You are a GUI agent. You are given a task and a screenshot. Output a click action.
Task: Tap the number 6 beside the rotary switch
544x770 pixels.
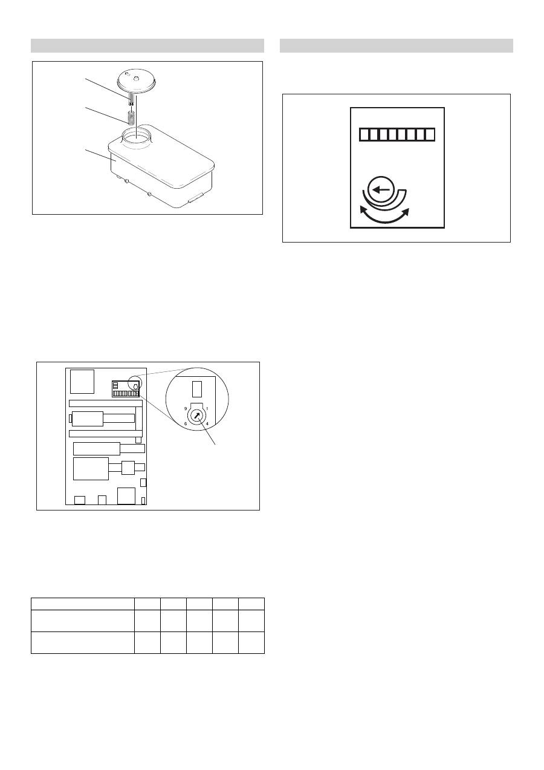pyautogui.click(x=186, y=424)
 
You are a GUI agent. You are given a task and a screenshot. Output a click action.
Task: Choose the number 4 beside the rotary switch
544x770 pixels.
pyautogui.click(x=207, y=423)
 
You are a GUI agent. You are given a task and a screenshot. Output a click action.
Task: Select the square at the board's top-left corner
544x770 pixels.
pyautogui.click(x=82, y=381)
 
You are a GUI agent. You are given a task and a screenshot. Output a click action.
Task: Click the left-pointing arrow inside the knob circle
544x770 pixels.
pyautogui.click(x=381, y=190)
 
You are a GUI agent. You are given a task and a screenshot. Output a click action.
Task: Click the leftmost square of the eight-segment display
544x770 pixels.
pyautogui.click(x=364, y=135)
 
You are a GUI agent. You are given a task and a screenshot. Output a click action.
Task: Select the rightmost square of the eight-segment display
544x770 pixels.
pyautogui.click(x=430, y=135)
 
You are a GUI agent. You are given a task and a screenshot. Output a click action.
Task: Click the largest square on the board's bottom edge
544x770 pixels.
pyautogui.click(x=126, y=495)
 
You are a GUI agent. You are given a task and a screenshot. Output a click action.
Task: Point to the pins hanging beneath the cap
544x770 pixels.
pyautogui.click(x=130, y=97)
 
